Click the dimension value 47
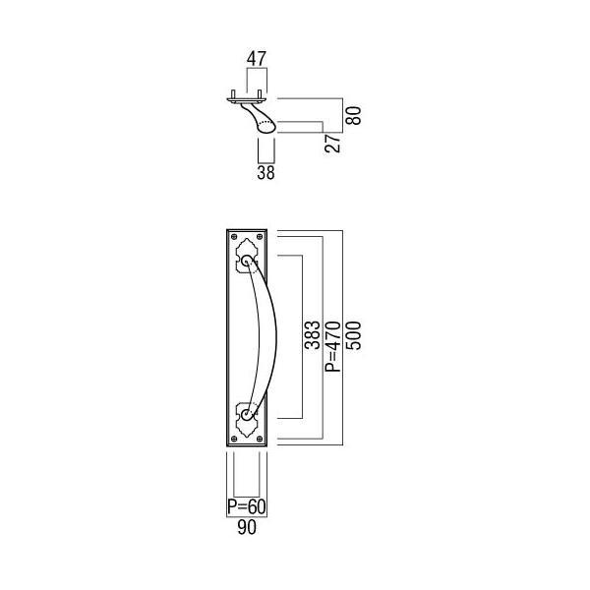coord(257,58)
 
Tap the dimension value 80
coord(354,115)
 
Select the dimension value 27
coord(332,143)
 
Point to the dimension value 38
coord(265,172)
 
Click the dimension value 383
coord(313,335)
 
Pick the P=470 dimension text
coord(333,346)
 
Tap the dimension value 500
coord(354,335)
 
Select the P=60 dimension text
coord(247,506)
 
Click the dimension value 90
coord(247,527)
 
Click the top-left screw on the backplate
coord(234,237)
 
